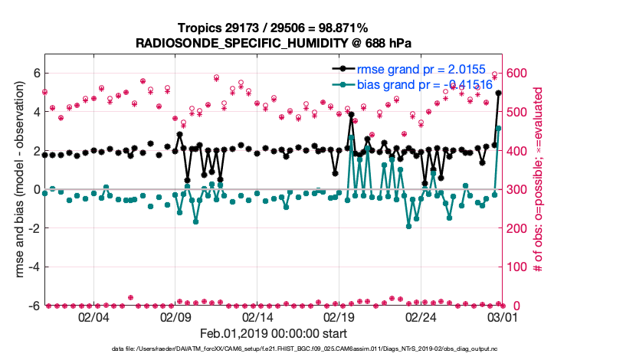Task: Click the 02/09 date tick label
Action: click(x=175, y=316)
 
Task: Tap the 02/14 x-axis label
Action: click(x=257, y=316)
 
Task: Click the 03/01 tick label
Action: click(x=501, y=316)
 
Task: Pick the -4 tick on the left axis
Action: click(x=33, y=267)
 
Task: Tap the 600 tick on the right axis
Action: click(x=516, y=73)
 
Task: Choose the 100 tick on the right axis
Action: click(x=516, y=267)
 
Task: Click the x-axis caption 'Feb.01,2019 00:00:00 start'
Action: click(x=273, y=333)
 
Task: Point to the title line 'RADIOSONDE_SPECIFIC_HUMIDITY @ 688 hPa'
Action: click(x=273, y=42)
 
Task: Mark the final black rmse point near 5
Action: click(x=499, y=93)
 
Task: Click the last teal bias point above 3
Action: click(x=499, y=128)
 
